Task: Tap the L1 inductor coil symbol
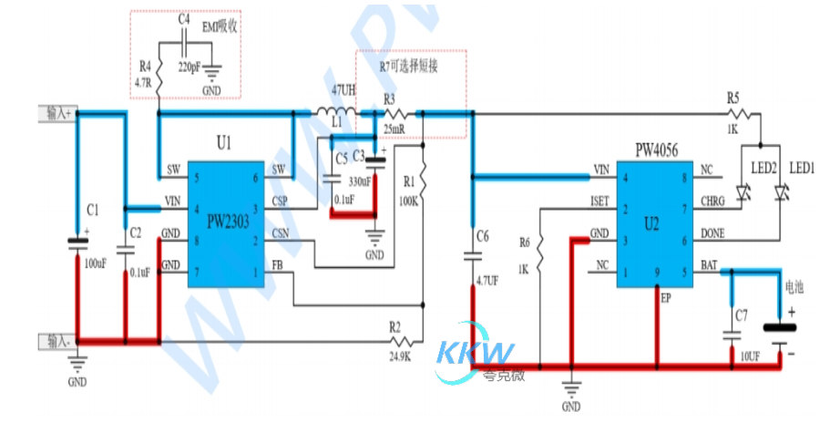pos(336,113)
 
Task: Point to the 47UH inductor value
pos(343,91)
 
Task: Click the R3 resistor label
pos(389,98)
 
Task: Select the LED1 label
pos(801,168)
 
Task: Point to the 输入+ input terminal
pos(56,113)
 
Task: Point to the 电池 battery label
pos(794,286)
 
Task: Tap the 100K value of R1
pos(408,201)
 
